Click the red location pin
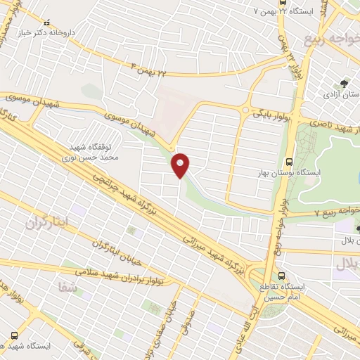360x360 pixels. coord(180,165)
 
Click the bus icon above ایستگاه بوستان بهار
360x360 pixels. coord(291,161)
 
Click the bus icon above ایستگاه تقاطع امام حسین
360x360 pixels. coord(283,276)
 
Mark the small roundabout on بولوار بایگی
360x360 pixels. coord(245,110)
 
